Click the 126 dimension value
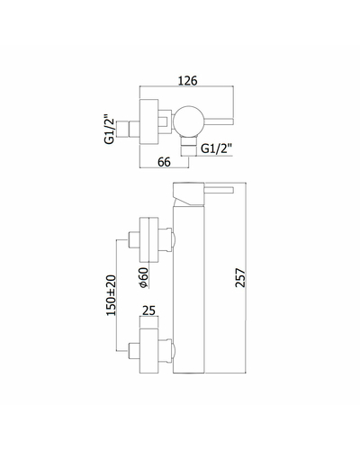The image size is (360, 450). (188, 81)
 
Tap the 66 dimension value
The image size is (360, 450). (164, 162)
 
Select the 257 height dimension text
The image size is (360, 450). (240, 278)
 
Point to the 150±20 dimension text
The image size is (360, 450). (111, 295)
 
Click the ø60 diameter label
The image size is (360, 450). (144, 278)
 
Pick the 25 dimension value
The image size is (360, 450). (149, 310)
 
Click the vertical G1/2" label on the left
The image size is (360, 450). (110, 129)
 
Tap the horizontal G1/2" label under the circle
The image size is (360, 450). (216, 148)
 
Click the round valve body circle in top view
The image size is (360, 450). (189, 121)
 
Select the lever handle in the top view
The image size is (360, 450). (219, 121)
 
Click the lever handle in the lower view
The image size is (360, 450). (219, 190)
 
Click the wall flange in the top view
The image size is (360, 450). (149, 121)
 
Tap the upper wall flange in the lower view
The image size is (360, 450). (149, 239)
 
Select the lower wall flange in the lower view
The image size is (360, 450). (149, 351)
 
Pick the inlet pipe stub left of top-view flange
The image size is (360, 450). (128, 129)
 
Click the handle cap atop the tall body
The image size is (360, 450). (189, 193)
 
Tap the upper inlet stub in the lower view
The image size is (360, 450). (134, 239)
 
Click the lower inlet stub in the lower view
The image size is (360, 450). (134, 351)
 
